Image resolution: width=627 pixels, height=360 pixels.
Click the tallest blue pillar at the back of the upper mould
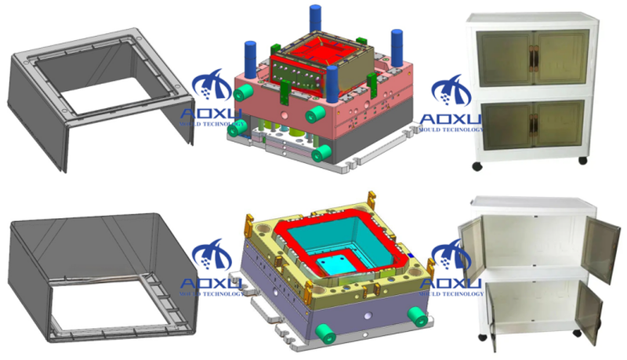[x=316, y=19]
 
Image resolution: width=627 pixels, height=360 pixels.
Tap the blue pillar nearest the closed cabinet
[x=397, y=48]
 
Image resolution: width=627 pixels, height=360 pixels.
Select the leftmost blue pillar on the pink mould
[x=250, y=60]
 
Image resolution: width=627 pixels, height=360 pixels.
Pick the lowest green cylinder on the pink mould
[x=321, y=153]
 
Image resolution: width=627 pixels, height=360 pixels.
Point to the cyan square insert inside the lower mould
[x=335, y=264]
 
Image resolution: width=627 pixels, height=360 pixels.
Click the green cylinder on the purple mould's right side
[x=418, y=316]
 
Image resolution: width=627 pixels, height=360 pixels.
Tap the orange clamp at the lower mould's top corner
[x=371, y=198]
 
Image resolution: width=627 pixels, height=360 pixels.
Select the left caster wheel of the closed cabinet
[x=477, y=166]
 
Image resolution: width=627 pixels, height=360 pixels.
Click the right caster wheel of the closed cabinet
[x=582, y=160]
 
